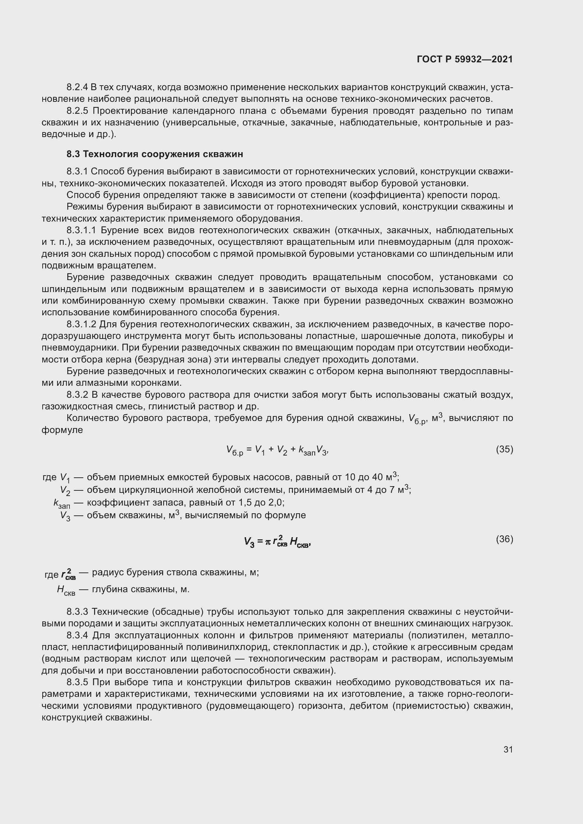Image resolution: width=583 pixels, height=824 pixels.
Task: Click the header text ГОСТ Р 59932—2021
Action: [465, 59]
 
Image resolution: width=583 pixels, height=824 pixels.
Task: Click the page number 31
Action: [508, 749]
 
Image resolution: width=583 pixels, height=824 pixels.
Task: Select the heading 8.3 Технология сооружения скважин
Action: [155, 154]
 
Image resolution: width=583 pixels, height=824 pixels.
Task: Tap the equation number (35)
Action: [504, 449]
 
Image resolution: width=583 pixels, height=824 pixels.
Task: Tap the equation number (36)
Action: [504, 539]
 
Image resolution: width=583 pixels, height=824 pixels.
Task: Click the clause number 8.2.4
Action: [77, 87]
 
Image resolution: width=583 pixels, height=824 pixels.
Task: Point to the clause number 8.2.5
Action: [77, 111]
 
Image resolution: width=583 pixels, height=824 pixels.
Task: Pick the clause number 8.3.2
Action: [77, 395]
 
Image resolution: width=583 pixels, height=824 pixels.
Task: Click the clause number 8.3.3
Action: [77, 611]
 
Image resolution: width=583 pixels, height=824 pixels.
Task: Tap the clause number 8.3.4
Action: [77, 635]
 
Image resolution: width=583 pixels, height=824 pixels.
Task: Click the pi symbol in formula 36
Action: [268, 542]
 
